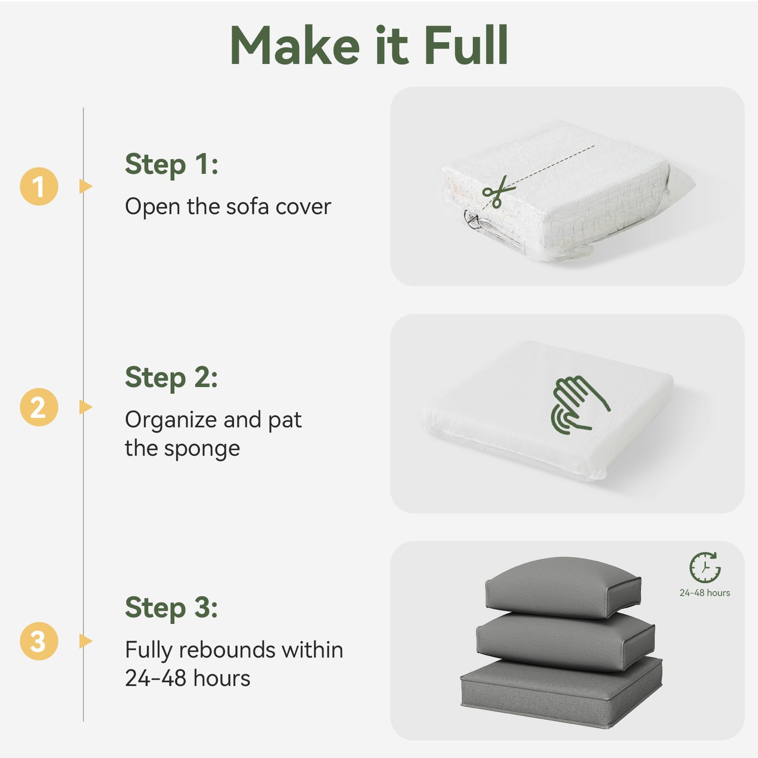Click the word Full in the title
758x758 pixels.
[x=466, y=45]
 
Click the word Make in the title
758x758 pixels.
[x=295, y=45]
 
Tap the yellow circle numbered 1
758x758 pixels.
[x=39, y=186]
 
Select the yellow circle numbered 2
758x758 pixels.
[x=39, y=407]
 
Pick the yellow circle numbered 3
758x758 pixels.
[x=39, y=641]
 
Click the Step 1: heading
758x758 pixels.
[x=171, y=165]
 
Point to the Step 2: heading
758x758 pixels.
[x=171, y=378]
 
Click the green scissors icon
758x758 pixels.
[x=498, y=191]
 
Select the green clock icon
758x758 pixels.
[x=705, y=567]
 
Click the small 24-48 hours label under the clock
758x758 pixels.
[x=705, y=593]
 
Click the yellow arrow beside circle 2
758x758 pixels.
[x=85, y=407]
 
